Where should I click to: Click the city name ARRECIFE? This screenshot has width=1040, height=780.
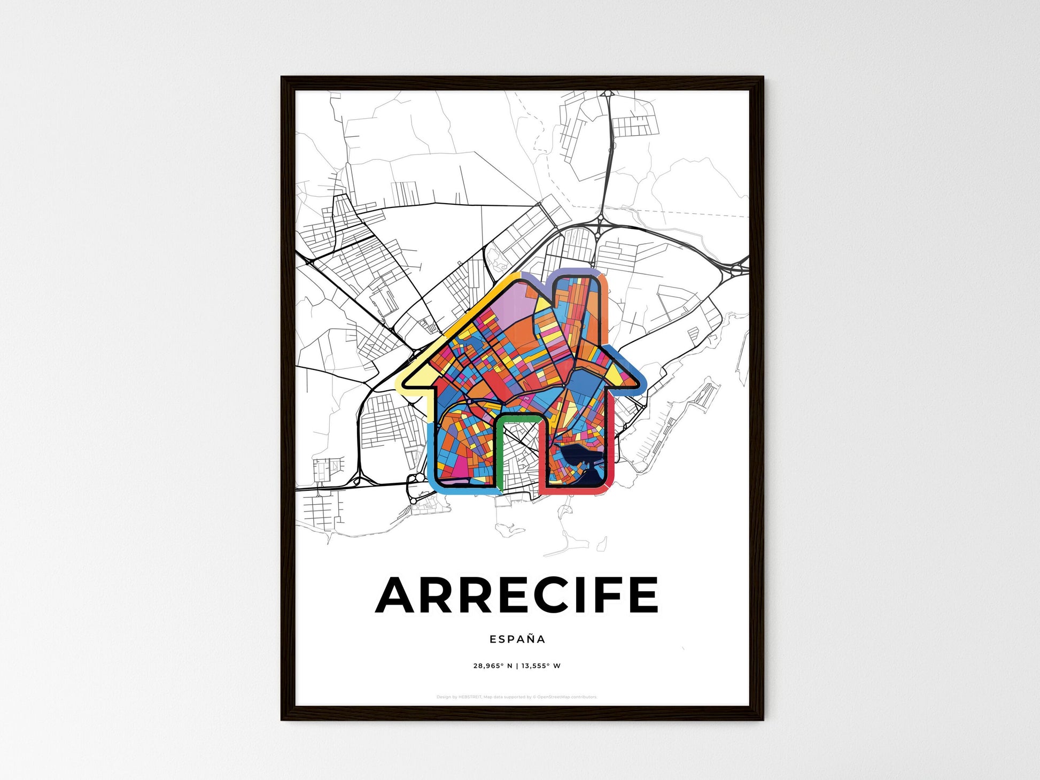(517, 595)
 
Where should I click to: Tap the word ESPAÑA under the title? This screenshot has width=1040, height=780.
(517, 639)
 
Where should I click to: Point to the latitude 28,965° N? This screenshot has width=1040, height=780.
(492, 666)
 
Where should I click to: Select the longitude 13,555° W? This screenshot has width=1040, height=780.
(541, 666)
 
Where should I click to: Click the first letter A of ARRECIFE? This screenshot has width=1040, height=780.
(397, 595)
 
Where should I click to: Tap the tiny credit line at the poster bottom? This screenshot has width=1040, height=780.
(516, 697)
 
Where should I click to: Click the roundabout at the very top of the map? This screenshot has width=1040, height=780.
(608, 94)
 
